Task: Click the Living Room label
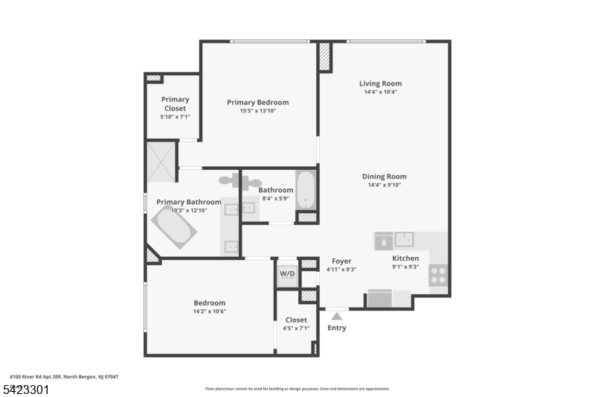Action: click(380, 84)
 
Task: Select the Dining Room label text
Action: click(384, 177)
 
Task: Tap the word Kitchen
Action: click(405, 258)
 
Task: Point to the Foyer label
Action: click(341, 261)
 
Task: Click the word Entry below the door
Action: click(336, 328)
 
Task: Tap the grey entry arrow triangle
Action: click(336, 317)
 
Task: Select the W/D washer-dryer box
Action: click(287, 273)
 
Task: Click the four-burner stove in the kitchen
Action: click(438, 276)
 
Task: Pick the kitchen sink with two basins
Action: click(405, 240)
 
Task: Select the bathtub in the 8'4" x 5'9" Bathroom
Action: click(306, 190)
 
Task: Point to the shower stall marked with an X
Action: click(161, 161)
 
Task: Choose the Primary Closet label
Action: click(175, 104)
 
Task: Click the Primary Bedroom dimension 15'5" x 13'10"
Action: click(258, 112)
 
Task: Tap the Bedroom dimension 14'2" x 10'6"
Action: click(210, 312)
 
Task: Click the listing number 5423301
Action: click(27, 389)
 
